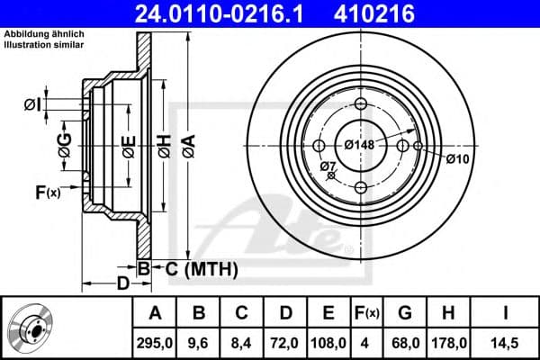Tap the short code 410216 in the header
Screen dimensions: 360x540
click(x=402, y=13)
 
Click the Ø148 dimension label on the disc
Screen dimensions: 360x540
click(x=360, y=143)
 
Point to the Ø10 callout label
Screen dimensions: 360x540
click(x=456, y=159)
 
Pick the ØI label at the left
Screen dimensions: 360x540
click(x=32, y=105)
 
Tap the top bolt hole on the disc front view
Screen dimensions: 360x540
click(x=361, y=104)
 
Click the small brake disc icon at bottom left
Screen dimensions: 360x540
click(x=31, y=328)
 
